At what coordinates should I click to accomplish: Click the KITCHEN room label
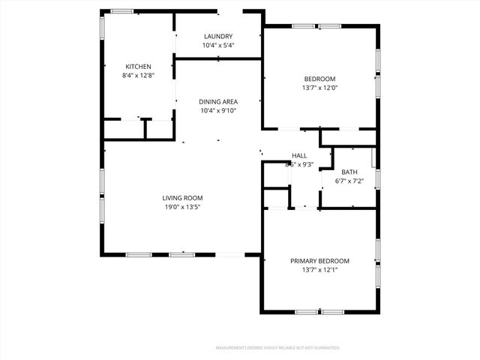(138, 66)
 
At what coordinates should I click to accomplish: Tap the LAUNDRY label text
(217, 36)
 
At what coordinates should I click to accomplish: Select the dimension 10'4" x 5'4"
(217, 46)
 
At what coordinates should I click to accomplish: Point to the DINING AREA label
(217, 101)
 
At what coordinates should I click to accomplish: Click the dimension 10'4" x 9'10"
(217, 111)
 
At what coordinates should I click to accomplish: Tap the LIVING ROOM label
(183, 197)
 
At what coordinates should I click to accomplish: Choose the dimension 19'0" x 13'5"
(183, 207)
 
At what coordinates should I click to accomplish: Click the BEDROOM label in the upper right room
(319, 79)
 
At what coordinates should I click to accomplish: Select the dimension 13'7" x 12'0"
(319, 88)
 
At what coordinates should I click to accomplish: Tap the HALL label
(299, 156)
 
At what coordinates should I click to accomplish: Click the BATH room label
(349, 172)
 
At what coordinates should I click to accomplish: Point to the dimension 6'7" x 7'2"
(349, 181)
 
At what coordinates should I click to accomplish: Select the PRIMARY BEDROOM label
(319, 261)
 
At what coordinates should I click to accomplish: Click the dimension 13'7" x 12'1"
(319, 270)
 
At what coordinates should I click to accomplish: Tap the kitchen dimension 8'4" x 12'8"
(138, 76)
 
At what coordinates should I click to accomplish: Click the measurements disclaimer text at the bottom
(278, 348)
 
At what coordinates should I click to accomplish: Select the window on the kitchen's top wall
(122, 10)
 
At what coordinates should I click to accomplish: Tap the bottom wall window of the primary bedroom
(319, 312)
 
